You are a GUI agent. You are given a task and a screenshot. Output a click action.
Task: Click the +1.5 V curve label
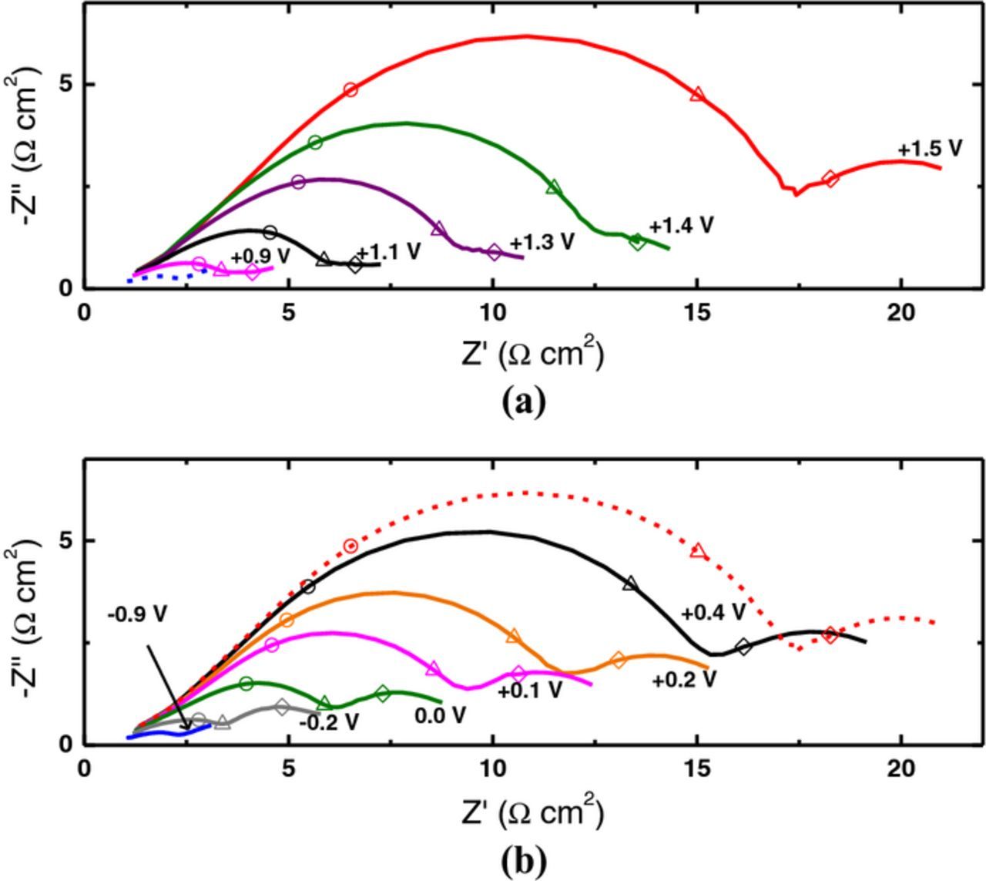[930, 149]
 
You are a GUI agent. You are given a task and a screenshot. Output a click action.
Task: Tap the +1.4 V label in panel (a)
[681, 225]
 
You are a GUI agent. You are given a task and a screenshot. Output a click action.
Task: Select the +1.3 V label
[542, 241]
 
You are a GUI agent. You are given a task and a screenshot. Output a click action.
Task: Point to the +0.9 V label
[260, 256]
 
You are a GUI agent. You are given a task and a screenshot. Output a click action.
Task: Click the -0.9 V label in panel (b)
[137, 614]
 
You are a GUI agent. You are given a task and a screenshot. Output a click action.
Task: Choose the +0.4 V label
[713, 613]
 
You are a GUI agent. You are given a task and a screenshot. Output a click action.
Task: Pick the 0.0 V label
[440, 715]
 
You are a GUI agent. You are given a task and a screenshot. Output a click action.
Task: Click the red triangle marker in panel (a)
[698, 94]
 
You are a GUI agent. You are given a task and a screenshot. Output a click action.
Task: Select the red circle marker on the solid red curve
[350, 89]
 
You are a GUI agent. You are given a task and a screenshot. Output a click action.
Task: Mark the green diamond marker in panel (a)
[637, 241]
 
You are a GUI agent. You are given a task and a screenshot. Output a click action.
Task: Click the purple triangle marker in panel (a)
[438, 228]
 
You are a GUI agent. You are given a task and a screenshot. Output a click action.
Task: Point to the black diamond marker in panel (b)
[743, 647]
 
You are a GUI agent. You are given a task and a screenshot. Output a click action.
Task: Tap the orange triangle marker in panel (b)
[514, 636]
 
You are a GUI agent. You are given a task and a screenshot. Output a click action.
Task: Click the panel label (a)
[524, 402]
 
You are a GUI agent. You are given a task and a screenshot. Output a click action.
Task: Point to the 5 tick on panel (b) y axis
[67, 540]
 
